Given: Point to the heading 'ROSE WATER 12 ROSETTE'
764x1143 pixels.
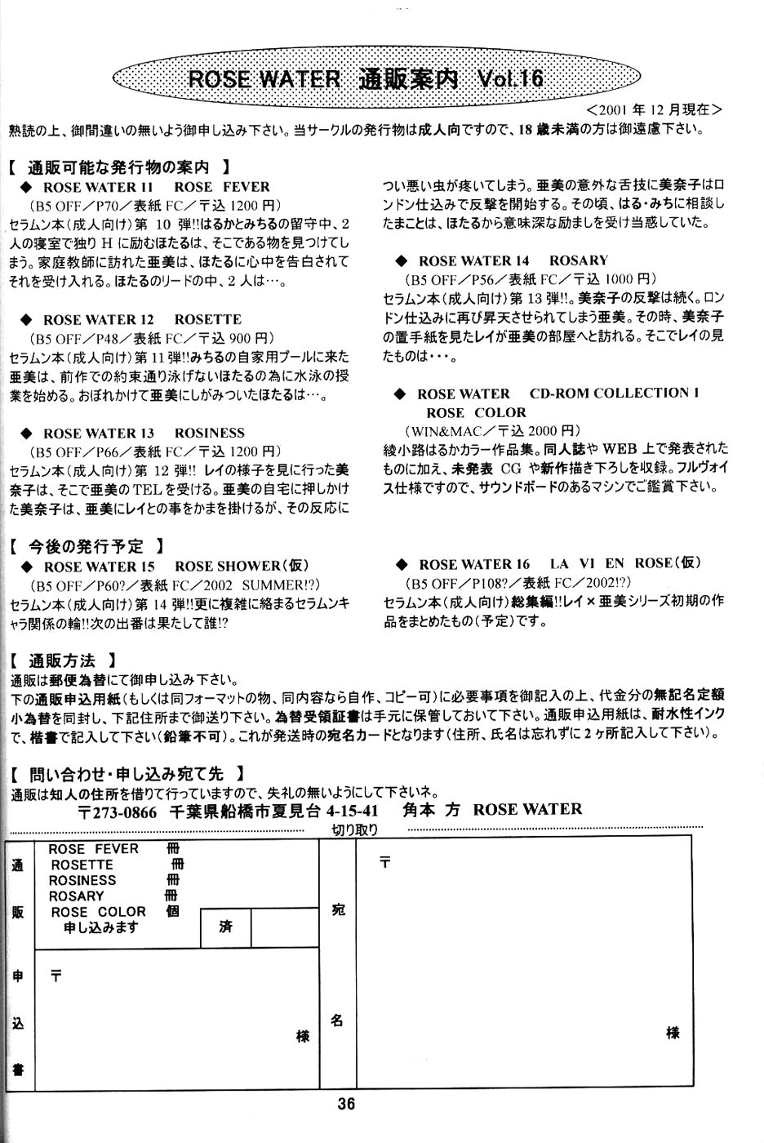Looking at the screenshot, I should (x=142, y=319).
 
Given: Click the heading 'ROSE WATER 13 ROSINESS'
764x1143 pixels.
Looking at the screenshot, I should (x=144, y=433).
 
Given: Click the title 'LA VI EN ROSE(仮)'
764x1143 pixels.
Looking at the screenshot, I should (x=625, y=564).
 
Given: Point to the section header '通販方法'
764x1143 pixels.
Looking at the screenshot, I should (x=62, y=660).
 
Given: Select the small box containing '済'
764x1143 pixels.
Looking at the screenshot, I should (x=225, y=927).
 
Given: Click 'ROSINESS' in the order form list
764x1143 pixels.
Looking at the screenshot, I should (x=82, y=880).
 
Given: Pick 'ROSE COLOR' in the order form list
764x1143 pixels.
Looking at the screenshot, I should (x=98, y=911).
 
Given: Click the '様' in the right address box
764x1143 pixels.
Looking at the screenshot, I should (x=673, y=1032).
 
